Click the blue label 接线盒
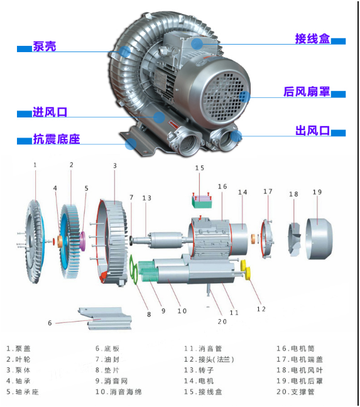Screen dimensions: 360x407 tap(312, 39)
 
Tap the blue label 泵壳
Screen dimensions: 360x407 tap(45, 46)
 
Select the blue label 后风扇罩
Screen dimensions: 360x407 tap(307, 92)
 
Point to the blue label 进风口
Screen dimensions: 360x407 tap(50, 112)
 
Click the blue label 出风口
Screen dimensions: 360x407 tap(312, 131)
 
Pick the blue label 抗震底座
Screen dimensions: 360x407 tap(57, 139)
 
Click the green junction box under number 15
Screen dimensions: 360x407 tap(202, 202)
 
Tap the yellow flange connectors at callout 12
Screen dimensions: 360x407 tap(246, 269)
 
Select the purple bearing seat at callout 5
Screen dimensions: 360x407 tap(83, 241)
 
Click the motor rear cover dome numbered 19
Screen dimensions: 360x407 tap(319, 238)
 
